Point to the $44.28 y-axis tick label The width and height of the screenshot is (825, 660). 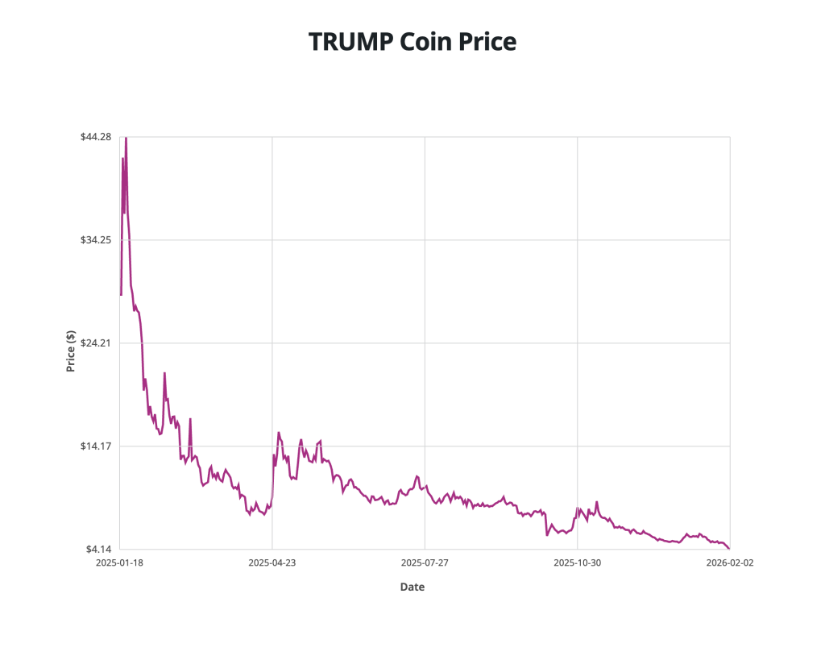click(96, 137)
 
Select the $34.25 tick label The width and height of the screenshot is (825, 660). click(96, 240)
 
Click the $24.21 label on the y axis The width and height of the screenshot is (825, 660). click(96, 343)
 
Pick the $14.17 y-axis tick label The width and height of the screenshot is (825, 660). click(96, 446)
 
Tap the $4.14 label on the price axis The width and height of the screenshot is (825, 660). click(98, 550)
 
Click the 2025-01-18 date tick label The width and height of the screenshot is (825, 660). click(119, 563)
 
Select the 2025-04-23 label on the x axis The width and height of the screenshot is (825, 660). click(272, 563)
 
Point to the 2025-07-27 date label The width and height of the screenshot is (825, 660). click(425, 563)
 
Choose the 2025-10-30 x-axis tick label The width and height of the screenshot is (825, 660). click(578, 563)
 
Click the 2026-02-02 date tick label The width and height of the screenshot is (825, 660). click(730, 563)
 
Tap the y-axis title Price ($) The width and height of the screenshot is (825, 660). click(71, 351)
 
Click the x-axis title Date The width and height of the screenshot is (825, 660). click(412, 587)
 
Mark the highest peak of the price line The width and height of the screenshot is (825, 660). click(126, 138)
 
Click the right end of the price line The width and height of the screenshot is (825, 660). click(729, 549)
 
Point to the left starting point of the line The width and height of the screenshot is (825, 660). click(120, 295)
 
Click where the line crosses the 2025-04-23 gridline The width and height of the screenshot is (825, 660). click(272, 484)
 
